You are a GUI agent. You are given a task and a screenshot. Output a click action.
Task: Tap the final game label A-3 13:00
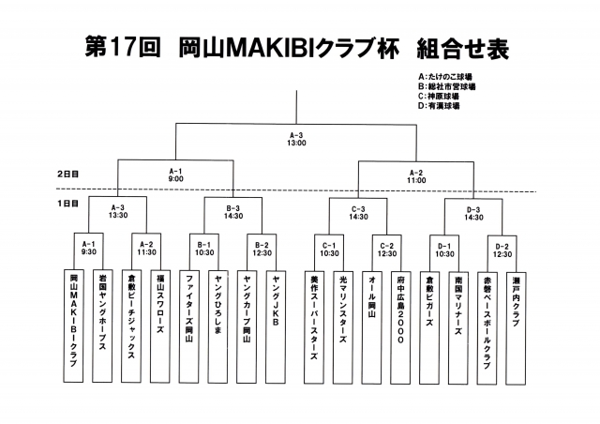pyautogui.click(x=296, y=140)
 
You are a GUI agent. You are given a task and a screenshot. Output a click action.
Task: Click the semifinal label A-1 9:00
pyautogui.click(x=175, y=174)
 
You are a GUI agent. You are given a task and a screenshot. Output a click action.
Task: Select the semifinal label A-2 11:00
pyautogui.click(x=417, y=174)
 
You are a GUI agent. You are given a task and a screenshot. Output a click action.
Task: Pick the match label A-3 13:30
pyautogui.click(x=118, y=212)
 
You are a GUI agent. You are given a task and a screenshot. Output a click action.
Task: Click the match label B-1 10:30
pyautogui.click(x=205, y=249)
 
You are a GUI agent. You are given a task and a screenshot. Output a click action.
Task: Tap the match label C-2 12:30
pyautogui.click(x=386, y=249)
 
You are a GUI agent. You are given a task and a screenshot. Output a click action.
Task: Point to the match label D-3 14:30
pyautogui.click(x=473, y=212)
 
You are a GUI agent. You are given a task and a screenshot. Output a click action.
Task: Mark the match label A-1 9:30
pyautogui.click(x=89, y=249)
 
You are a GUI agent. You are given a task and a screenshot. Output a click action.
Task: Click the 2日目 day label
pyautogui.click(x=67, y=174)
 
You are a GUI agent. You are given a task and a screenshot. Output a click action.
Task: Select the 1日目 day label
pyautogui.click(x=67, y=204)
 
